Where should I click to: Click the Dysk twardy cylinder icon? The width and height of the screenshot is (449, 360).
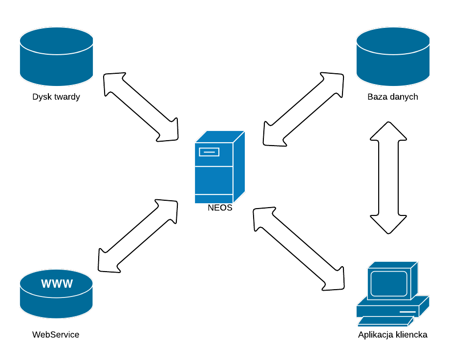(x=56, y=57)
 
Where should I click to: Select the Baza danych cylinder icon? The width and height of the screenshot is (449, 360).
(x=393, y=57)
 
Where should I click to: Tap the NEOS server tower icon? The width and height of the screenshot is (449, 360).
(x=220, y=167)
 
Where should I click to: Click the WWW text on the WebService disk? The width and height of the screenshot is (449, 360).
(x=57, y=283)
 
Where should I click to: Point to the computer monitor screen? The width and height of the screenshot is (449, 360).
(x=389, y=283)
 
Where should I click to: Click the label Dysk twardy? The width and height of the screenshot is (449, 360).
(x=56, y=97)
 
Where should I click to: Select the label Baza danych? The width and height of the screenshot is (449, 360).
(x=393, y=97)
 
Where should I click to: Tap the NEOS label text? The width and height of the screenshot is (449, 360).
(x=220, y=208)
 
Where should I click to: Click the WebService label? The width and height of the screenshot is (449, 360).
(x=56, y=335)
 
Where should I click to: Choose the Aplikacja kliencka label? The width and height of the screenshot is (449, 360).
(x=393, y=335)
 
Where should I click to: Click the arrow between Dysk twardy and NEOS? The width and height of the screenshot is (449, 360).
(x=141, y=107)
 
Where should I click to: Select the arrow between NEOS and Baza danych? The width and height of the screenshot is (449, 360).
(x=303, y=109)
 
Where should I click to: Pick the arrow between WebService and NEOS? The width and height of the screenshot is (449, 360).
(x=138, y=236)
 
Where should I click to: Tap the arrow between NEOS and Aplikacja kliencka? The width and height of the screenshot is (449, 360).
(x=299, y=249)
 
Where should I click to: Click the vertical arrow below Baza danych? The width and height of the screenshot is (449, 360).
(x=388, y=178)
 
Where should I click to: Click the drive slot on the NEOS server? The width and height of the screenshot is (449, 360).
(x=209, y=152)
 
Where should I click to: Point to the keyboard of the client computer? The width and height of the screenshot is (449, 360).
(x=385, y=321)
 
